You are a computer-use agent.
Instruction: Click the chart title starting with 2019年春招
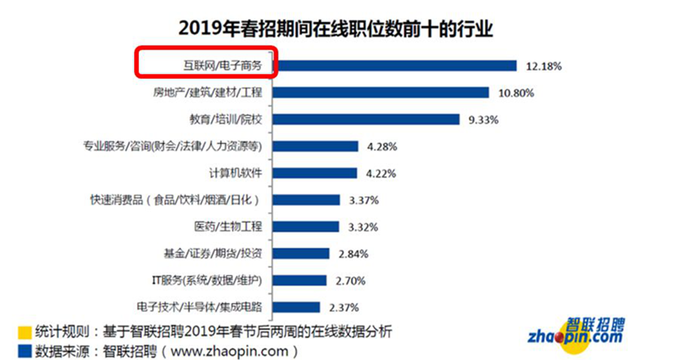click(336, 28)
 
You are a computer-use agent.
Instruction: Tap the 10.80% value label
click(516, 93)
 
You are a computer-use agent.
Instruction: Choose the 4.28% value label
click(383, 146)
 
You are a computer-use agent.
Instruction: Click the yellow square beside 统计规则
click(24, 332)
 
